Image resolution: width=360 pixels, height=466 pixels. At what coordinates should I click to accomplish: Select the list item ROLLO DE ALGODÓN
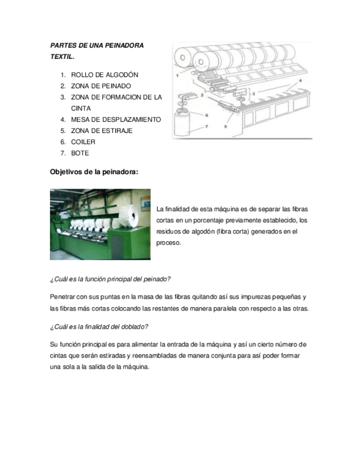point(104,75)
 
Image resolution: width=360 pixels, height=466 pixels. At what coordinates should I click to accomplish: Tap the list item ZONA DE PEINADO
point(101,86)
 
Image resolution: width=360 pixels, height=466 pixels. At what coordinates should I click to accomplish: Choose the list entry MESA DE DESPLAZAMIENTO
point(115,119)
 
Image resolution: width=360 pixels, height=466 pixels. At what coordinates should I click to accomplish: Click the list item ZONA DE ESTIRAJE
point(102,131)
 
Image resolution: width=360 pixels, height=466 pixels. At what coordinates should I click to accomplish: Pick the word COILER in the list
point(83,142)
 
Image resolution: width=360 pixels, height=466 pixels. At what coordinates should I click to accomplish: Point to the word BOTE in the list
point(80,153)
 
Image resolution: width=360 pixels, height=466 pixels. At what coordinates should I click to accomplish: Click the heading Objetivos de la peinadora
point(94,171)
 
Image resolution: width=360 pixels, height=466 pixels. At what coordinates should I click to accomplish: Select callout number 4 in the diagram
point(301,80)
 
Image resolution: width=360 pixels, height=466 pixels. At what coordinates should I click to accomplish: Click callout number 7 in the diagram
point(207,127)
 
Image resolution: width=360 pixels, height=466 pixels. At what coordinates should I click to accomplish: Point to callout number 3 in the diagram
point(253,94)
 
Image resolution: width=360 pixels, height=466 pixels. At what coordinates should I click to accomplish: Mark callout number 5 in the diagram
point(226,127)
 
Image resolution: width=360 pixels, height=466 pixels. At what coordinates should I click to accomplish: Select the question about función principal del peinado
point(110,279)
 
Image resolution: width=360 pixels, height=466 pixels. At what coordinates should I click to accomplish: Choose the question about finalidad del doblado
point(99,326)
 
